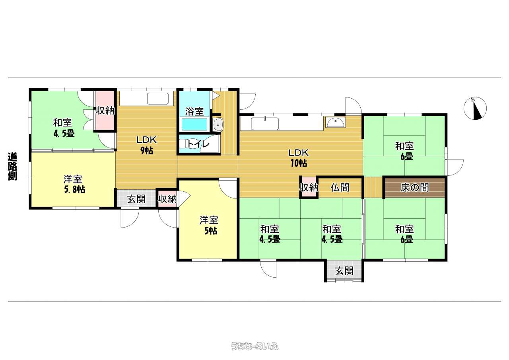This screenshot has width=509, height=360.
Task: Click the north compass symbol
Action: tap(475, 108)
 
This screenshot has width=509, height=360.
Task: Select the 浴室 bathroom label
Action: tap(194, 111)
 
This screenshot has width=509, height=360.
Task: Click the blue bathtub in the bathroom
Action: tap(194, 125)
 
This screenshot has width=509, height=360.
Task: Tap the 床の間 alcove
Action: tap(415, 188)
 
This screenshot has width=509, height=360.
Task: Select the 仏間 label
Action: tap(340, 188)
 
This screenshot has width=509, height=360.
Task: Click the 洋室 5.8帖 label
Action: tap(74, 184)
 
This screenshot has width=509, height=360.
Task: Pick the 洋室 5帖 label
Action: tap(208, 225)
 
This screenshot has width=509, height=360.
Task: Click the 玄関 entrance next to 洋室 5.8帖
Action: tap(136, 199)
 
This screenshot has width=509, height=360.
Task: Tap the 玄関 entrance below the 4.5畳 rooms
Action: tap(344, 271)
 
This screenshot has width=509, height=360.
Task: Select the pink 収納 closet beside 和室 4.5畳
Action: tap(105, 111)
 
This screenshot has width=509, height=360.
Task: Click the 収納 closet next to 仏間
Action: tap(309, 188)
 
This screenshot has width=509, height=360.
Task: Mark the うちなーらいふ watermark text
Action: tap(254, 346)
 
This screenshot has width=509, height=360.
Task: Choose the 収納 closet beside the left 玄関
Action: tap(167, 199)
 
